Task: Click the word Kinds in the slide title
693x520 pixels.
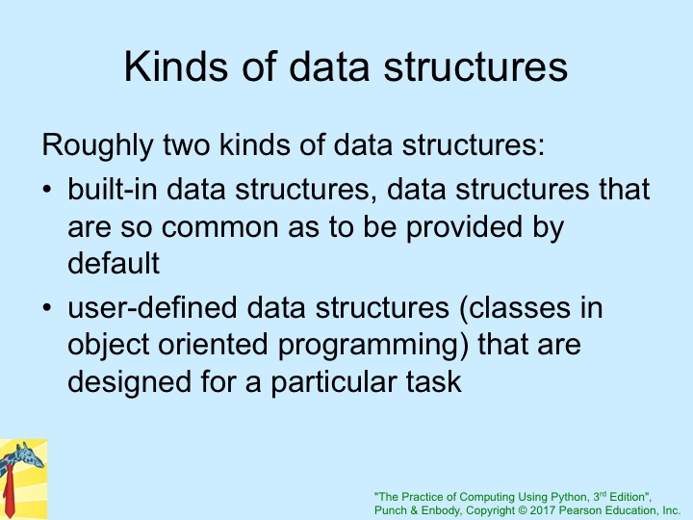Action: tap(175, 66)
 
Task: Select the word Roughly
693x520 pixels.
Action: tap(97, 145)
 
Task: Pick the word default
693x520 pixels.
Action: tap(114, 263)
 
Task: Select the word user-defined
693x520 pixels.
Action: tap(152, 308)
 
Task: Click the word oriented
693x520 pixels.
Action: tap(213, 345)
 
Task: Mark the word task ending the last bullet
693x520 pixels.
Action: tap(434, 382)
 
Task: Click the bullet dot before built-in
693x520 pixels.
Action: tap(47, 190)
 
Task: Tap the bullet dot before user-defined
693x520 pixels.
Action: tap(47, 307)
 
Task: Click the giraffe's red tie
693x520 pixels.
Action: tap(9, 491)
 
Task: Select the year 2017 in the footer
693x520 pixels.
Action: tap(543, 510)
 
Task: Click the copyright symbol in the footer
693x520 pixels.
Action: tap(522, 510)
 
